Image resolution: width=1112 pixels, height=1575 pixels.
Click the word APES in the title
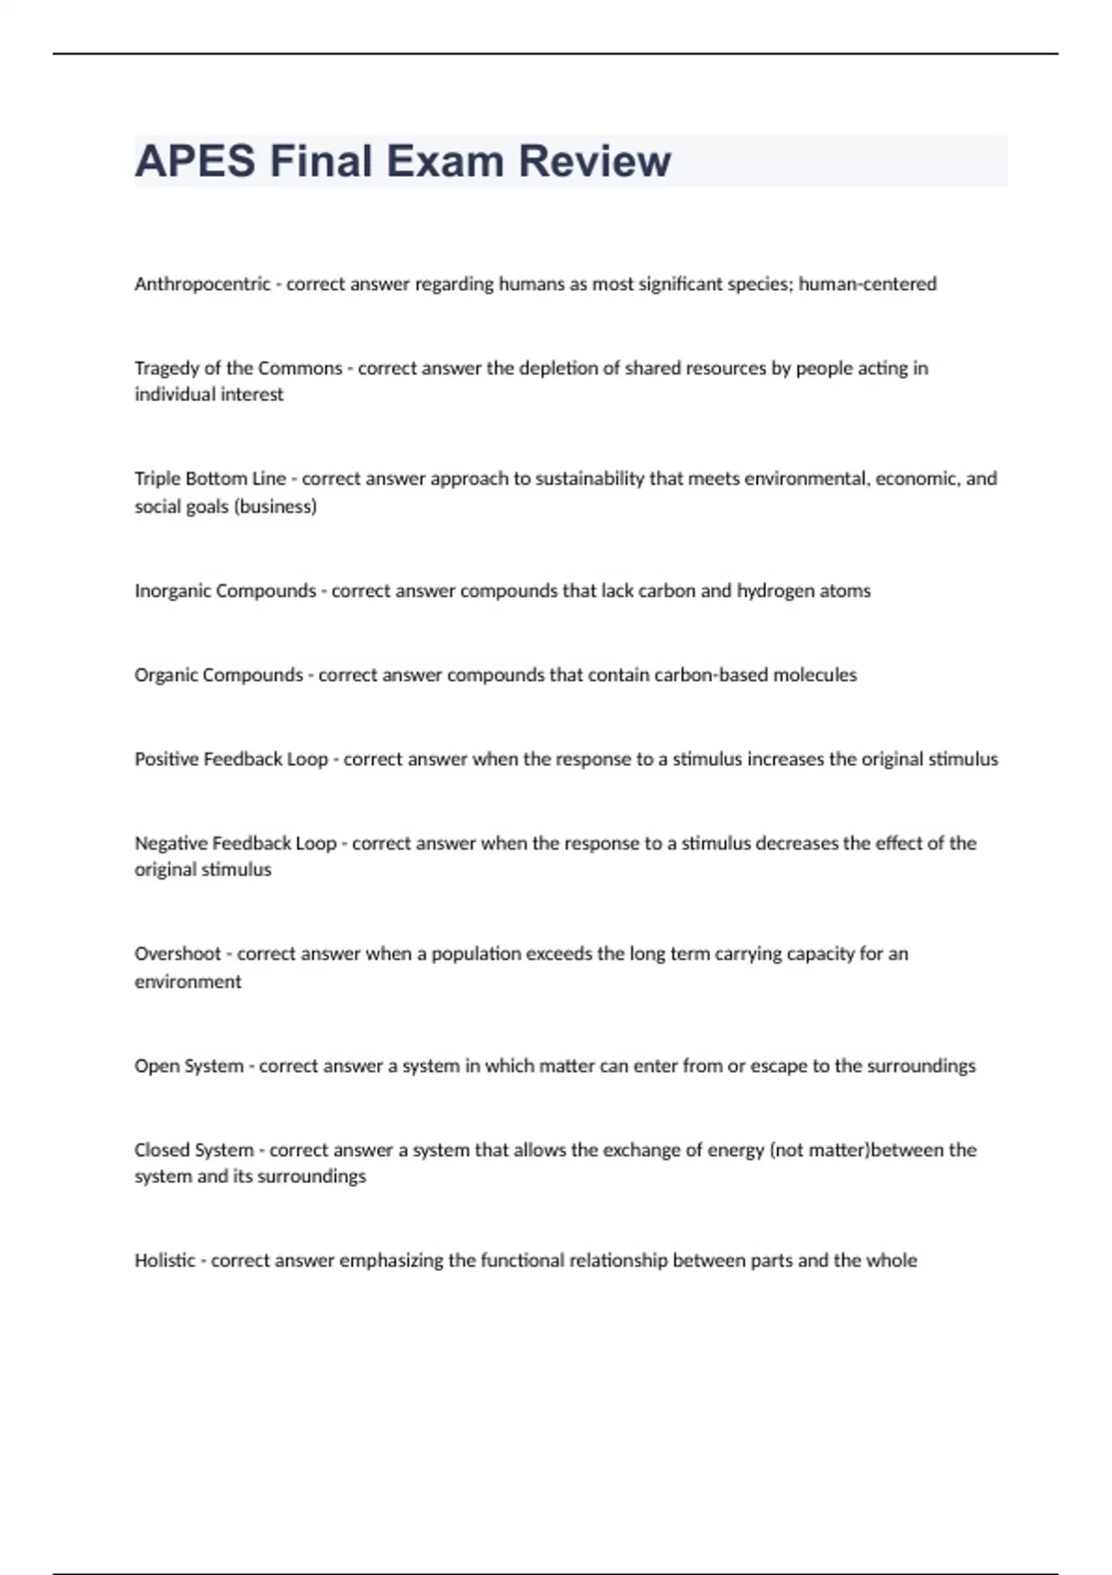click(x=195, y=161)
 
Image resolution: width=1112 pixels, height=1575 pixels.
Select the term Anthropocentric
click(x=202, y=284)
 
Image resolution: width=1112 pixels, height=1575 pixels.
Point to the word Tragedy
click(x=167, y=369)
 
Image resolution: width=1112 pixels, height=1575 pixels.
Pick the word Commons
click(x=299, y=369)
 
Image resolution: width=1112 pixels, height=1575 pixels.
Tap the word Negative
click(x=171, y=844)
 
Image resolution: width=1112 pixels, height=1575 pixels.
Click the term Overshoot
click(x=178, y=954)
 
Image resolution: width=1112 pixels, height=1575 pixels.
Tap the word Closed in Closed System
click(x=162, y=1151)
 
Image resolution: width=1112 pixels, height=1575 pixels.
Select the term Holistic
click(x=165, y=1261)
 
